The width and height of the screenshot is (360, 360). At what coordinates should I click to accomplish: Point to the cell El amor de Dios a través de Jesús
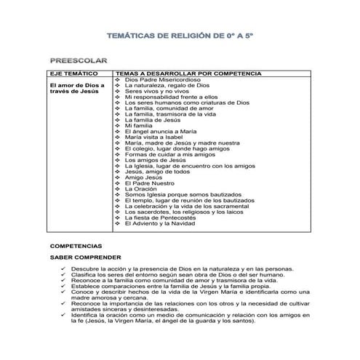click(73, 89)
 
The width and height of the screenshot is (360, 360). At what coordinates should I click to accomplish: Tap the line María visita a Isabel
click(155, 137)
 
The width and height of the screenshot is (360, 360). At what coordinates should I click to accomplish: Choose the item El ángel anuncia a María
click(160, 131)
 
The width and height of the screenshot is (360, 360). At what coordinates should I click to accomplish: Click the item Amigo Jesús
click(142, 177)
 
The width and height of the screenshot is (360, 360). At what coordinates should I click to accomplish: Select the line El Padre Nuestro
click(149, 183)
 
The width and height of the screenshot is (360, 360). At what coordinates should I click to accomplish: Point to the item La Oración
click(141, 188)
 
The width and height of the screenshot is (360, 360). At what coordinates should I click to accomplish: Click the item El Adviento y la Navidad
click(164, 223)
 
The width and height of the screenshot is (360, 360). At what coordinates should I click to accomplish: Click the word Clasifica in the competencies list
click(82, 275)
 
